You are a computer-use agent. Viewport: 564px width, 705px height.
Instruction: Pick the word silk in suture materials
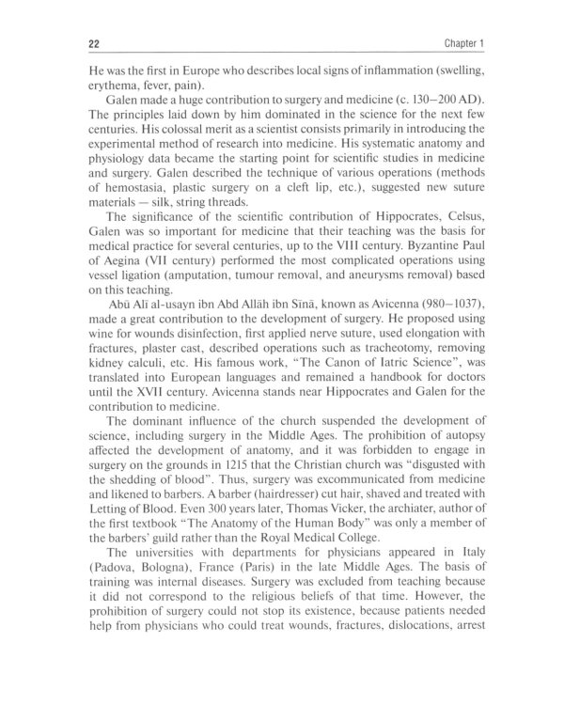(x=157, y=229)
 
